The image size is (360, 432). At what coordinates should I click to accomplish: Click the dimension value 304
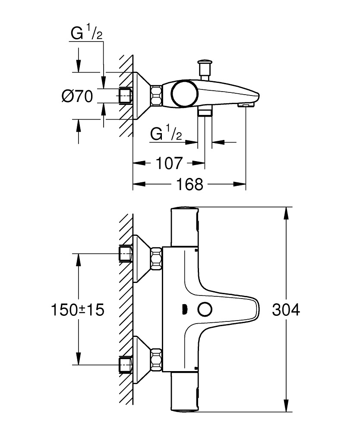click(x=286, y=310)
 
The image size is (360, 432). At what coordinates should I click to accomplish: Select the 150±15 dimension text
click(x=78, y=310)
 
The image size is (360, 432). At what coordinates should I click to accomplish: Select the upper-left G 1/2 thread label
click(x=87, y=34)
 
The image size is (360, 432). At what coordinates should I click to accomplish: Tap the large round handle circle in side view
click(x=184, y=94)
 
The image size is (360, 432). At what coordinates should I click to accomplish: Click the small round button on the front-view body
click(x=205, y=310)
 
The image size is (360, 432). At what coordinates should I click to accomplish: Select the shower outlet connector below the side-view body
click(x=205, y=112)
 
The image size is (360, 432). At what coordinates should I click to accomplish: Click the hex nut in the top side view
click(x=156, y=95)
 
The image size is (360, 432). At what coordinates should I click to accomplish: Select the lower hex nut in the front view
click(x=155, y=359)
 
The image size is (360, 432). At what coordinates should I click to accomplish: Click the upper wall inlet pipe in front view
click(x=125, y=254)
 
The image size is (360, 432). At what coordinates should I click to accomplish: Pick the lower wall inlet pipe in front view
click(x=125, y=364)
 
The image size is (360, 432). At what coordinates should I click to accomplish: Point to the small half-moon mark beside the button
click(x=185, y=310)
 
